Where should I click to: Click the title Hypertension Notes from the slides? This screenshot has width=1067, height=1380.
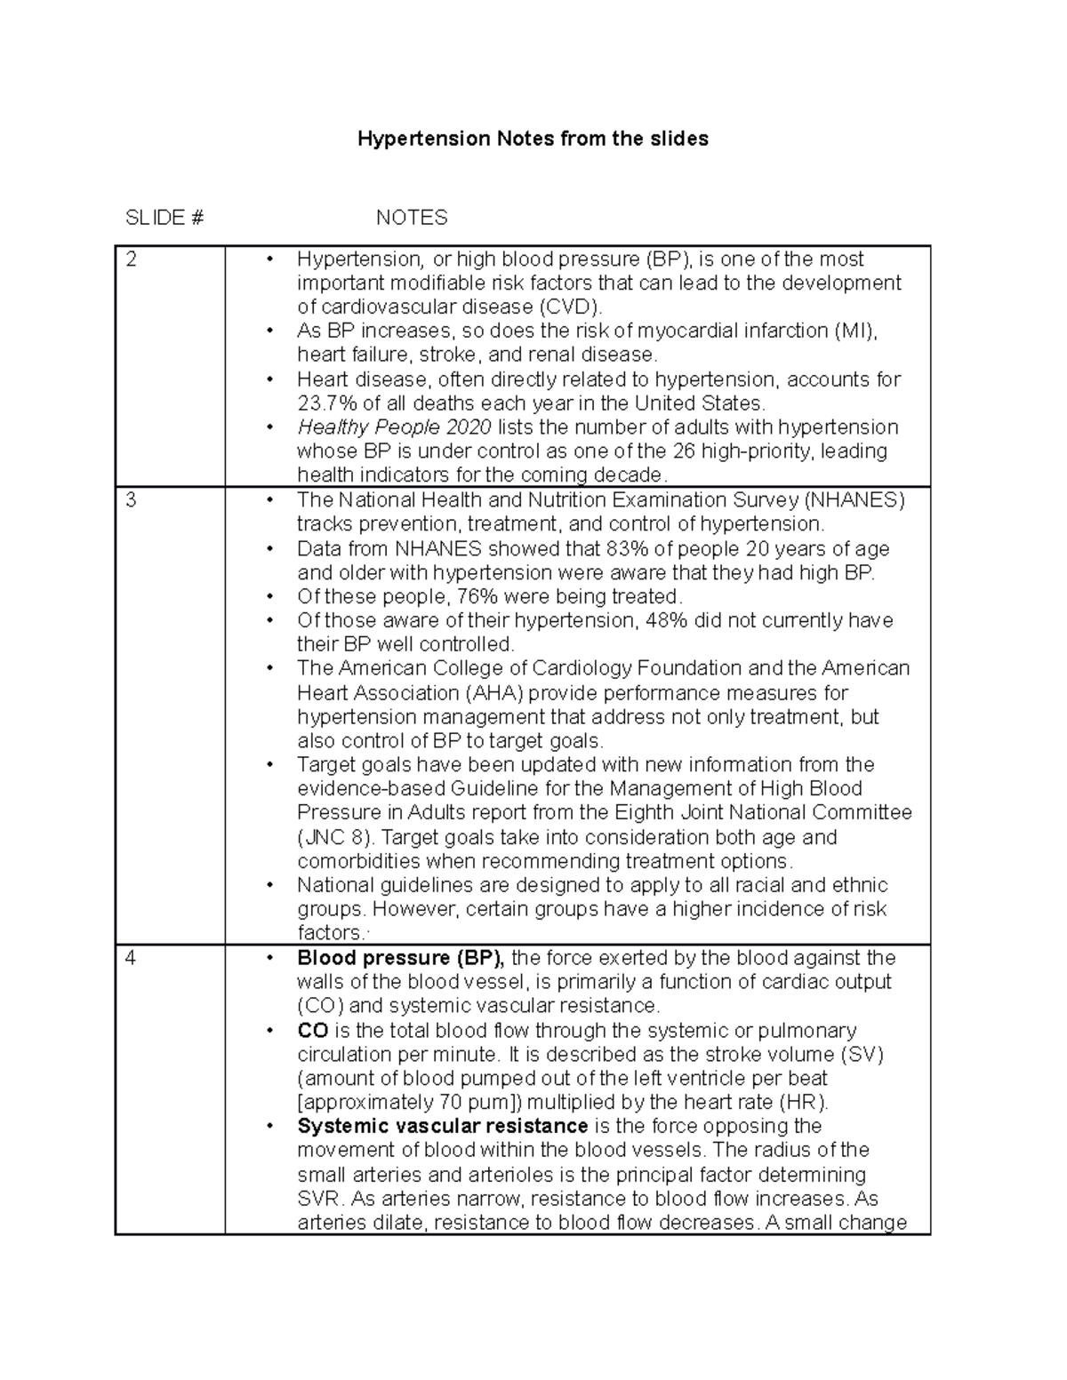click(533, 139)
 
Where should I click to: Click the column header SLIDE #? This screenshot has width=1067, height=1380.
click(164, 218)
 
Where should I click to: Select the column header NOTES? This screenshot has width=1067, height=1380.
click(411, 218)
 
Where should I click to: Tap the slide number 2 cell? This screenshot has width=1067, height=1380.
click(132, 259)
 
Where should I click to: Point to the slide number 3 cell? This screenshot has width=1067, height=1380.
click(132, 500)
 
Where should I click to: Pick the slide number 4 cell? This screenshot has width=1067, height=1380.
click(132, 959)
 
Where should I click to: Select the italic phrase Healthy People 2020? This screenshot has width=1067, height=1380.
click(393, 427)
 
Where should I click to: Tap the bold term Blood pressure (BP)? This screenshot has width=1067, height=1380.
click(400, 958)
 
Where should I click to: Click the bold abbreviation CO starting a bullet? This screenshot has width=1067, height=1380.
click(313, 1031)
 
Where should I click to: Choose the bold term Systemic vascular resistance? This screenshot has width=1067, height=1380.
click(442, 1127)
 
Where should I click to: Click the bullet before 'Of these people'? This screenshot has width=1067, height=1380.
click(269, 596)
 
